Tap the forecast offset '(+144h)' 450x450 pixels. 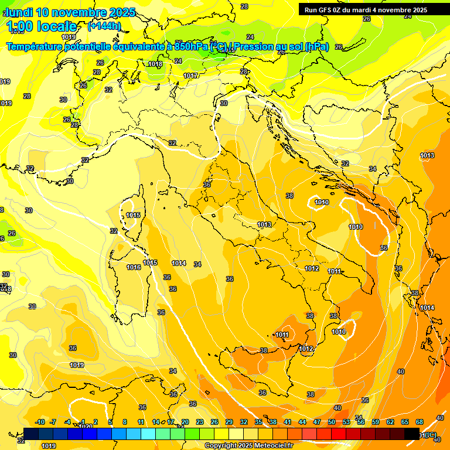click(x=104, y=26)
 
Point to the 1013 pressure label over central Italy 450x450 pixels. click(x=264, y=224)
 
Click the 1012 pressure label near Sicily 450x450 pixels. click(x=306, y=349)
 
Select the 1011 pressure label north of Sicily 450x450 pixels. click(x=282, y=335)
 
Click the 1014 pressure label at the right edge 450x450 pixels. click(x=427, y=308)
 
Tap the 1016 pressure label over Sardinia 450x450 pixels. click(x=134, y=267)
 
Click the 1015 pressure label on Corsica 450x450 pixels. click(x=133, y=215)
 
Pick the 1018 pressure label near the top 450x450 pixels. click(x=155, y=64)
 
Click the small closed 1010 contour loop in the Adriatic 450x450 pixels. click(x=321, y=203)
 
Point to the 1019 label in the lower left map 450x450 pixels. click(x=77, y=365)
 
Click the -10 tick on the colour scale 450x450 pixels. click(x=40, y=422)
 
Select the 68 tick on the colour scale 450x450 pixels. click(x=420, y=422)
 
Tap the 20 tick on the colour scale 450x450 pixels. click(x=185, y=422)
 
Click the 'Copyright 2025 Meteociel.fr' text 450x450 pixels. click(x=248, y=445)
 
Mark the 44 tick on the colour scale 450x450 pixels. click(x=302, y=422)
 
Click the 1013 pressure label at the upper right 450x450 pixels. click(x=427, y=155)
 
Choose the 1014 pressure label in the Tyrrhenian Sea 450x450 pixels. click(x=179, y=263)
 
